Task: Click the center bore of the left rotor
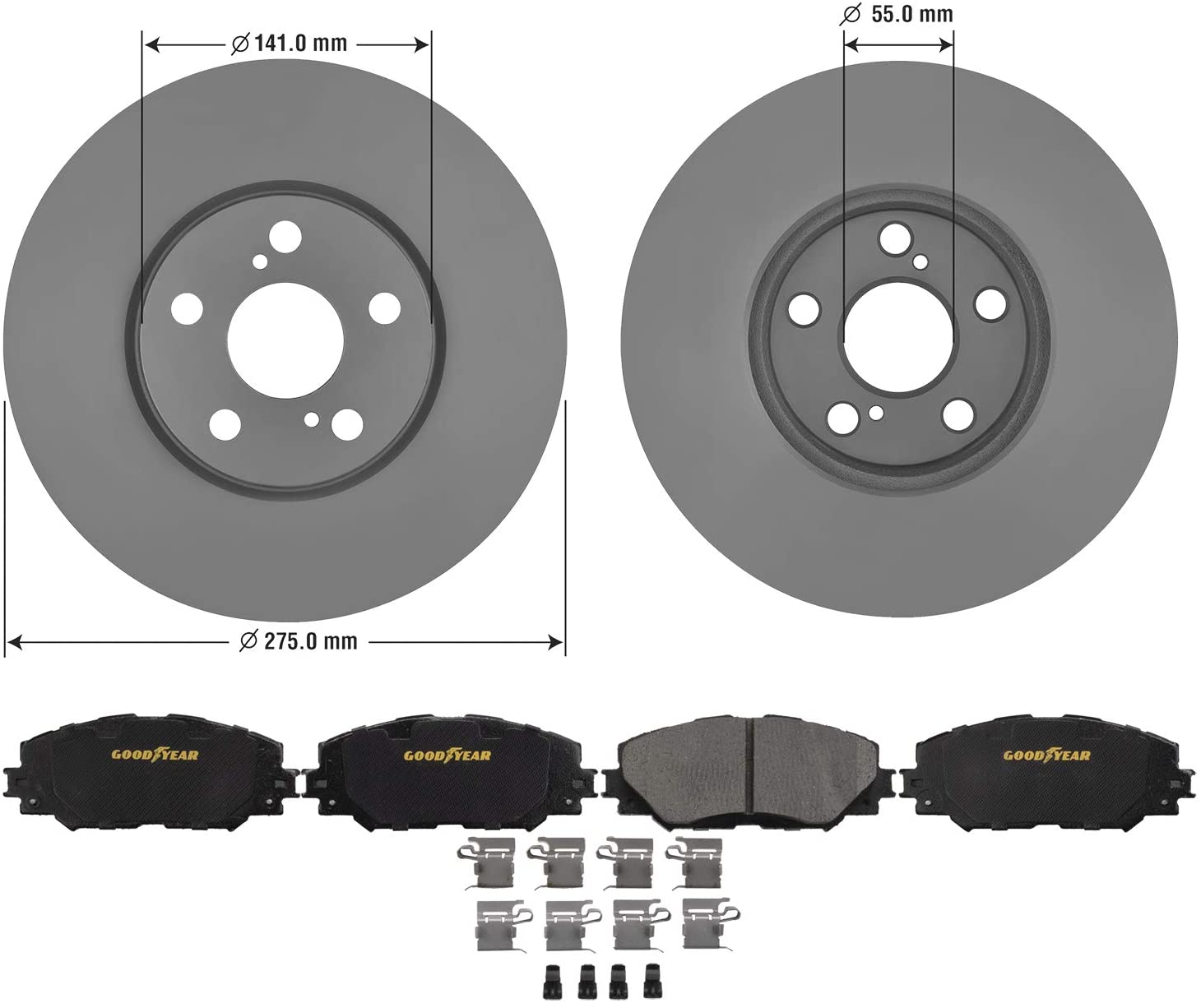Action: pyautogui.click(x=285, y=340)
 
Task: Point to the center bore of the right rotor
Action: pyautogui.click(x=898, y=337)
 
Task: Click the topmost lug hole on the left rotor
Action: pyautogui.click(x=285, y=236)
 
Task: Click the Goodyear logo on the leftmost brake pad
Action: pyautogui.click(x=155, y=755)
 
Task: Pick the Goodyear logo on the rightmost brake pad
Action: pyautogui.click(x=1047, y=755)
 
